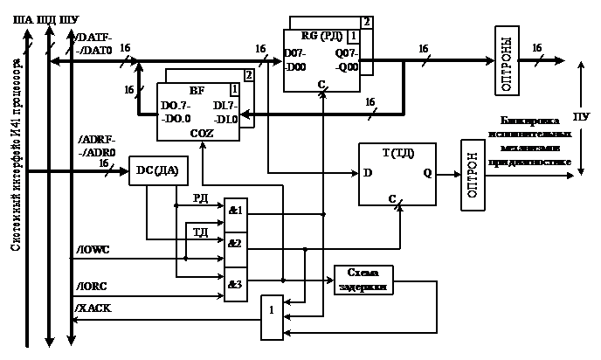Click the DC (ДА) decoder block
(157, 170)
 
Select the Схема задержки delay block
(363, 279)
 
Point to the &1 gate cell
(236, 211)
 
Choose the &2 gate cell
(236, 243)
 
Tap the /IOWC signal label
(93, 251)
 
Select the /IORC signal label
(93, 284)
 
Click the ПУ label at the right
(579, 115)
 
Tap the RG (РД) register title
(315, 36)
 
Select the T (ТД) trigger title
(398, 152)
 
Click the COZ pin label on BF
(202, 132)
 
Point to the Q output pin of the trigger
(428, 173)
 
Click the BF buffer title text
(197, 90)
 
